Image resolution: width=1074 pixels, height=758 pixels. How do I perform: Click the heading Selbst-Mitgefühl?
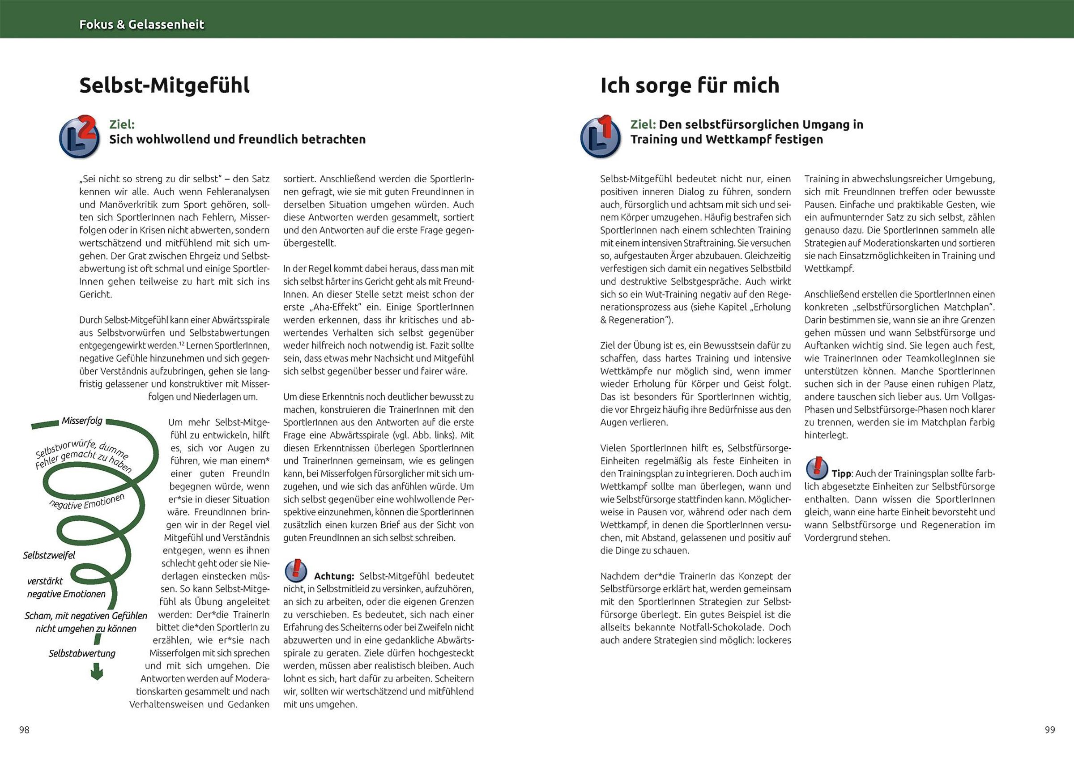click(x=164, y=85)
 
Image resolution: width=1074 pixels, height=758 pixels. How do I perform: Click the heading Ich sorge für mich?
click(x=690, y=85)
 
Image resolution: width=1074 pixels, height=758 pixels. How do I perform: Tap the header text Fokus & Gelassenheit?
click(x=142, y=24)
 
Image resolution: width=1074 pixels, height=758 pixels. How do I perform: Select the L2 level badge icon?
click(x=79, y=136)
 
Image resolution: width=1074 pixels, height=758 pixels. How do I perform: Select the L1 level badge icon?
click(x=600, y=136)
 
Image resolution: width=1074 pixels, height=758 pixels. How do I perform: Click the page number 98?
click(x=24, y=730)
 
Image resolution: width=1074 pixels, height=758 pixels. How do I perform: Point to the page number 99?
click(x=1050, y=730)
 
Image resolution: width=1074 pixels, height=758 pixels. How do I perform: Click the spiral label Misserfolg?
click(x=82, y=421)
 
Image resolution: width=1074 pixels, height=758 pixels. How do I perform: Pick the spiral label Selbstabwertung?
click(x=82, y=653)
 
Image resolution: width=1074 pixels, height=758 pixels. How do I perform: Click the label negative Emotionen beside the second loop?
click(x=87, y=502)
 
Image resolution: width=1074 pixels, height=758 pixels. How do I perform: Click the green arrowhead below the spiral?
click(x=96, y=674)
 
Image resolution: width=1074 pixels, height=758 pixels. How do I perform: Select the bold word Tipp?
click(x=841, y=474)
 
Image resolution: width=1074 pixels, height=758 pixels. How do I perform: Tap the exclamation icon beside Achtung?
click(x=296, y=571)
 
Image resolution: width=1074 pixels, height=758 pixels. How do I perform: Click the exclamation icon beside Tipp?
click(x=817, y=468)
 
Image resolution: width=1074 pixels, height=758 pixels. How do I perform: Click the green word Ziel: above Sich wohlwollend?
click(x=122, y=124)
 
